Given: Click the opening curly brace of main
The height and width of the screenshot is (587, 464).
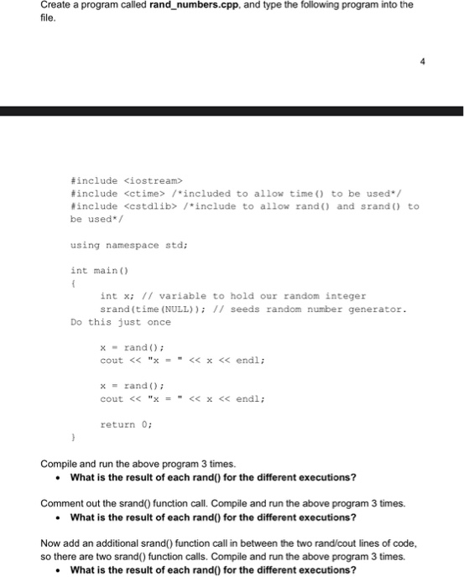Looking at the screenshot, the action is tap(74, 284).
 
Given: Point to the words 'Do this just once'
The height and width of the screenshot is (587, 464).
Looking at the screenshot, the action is tap(120, 323).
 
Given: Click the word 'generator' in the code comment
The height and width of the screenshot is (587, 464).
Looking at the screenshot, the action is tap(377, 309).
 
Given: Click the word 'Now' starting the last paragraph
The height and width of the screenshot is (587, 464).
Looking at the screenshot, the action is tap(51, 544).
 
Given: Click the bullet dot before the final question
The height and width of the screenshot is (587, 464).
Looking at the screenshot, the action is tap(57, 570).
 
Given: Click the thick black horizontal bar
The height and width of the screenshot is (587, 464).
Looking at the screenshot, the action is tap(232, 111).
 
